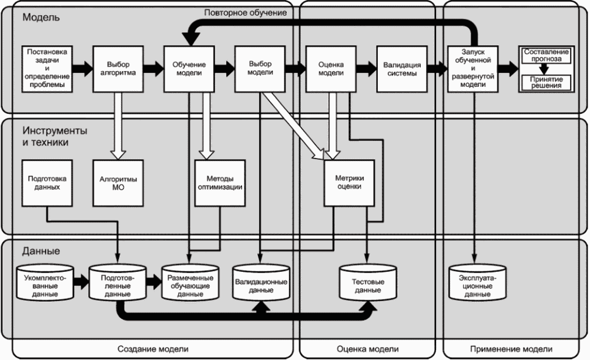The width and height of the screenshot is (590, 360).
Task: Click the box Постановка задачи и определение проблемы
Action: [x=47, y=68]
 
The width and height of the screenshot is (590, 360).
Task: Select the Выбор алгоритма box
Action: [x=118, y=68]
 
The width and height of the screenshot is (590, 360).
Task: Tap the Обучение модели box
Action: [x=188, y=68]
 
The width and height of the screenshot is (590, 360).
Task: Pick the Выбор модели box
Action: [x=259, y=68]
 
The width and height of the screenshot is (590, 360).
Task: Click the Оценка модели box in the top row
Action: [x=330, y=68]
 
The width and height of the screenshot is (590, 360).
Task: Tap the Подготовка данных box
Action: [x=47, y=182]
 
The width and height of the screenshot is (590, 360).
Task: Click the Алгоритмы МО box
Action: [x=118, y=182]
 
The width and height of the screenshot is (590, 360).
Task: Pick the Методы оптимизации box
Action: [x=220, y=182]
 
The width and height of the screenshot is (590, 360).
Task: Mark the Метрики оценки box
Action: [x=350, y=182]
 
